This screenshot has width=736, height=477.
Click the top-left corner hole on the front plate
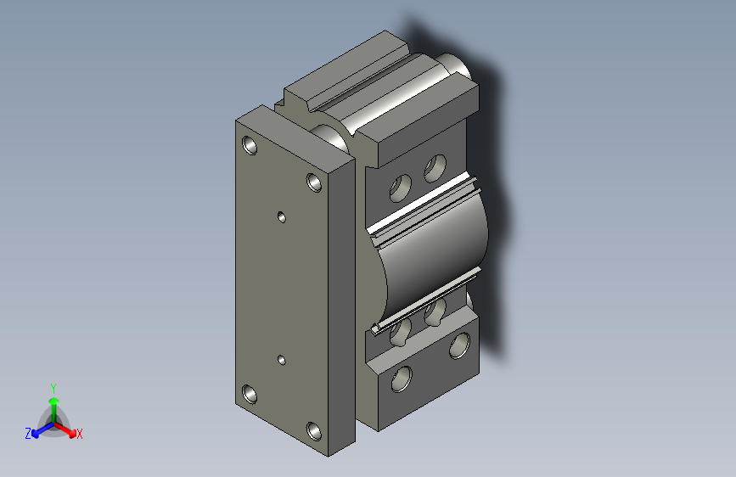coord(250,145)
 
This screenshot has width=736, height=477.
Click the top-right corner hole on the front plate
coord(314,182)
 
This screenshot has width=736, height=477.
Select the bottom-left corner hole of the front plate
coord(250,395)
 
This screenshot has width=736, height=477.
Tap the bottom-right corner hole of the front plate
coord(314,431)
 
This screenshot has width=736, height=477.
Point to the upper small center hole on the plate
coord(282,217)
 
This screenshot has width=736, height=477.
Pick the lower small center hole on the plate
coord(282,360)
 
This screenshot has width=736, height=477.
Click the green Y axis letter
coord(53,389)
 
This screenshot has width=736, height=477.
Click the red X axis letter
coord(79,434)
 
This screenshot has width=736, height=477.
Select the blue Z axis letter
coord(28,434)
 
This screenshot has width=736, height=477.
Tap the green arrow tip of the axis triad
coord(54,401)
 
